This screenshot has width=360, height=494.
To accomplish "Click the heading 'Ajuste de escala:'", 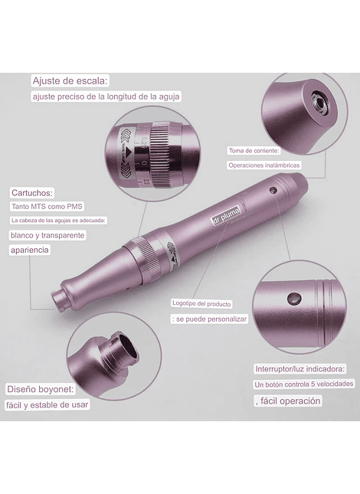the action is [70, 81].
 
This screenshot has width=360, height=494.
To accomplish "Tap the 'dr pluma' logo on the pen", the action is [225, 215].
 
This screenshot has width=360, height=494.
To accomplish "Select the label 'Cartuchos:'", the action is [32, 192].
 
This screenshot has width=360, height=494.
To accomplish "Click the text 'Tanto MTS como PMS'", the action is [47, 207].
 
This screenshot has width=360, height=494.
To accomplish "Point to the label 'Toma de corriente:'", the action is [254, 151].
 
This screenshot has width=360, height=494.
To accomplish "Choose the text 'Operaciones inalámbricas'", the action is [264, 165].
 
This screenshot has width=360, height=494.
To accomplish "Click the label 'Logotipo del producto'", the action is [201, 304].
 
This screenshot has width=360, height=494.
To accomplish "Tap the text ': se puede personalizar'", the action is [209, 319].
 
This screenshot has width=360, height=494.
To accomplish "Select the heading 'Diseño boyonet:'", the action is [41, 389].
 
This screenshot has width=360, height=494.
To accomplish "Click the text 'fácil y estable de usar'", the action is [47, 404].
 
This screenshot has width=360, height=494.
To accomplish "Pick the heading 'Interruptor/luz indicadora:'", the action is [300, 369].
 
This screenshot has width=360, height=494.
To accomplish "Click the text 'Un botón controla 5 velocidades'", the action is [304, 384].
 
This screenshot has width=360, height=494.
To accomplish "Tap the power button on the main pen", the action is [273, 190].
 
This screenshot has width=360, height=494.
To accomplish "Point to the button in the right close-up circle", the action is [294, 298].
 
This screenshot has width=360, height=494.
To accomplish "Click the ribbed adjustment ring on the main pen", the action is [146, 255].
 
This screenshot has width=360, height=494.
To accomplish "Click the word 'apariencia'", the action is [30, 250].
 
